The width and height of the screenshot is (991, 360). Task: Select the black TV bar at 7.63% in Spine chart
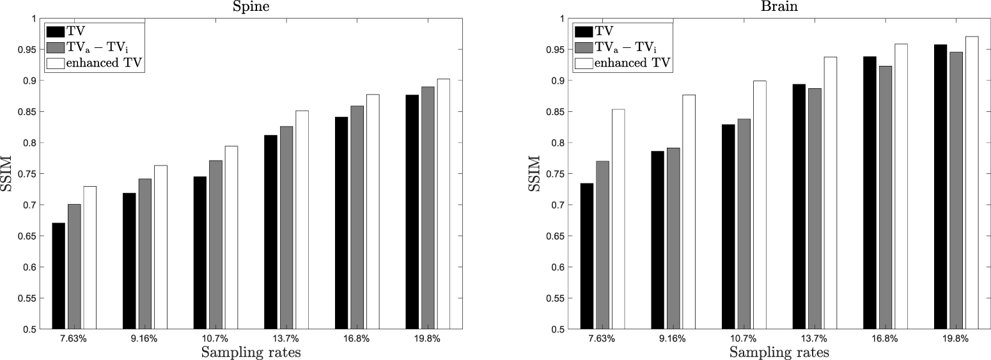click(x=59, y=276)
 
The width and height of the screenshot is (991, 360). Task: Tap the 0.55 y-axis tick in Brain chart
click(x=556, y=299)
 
